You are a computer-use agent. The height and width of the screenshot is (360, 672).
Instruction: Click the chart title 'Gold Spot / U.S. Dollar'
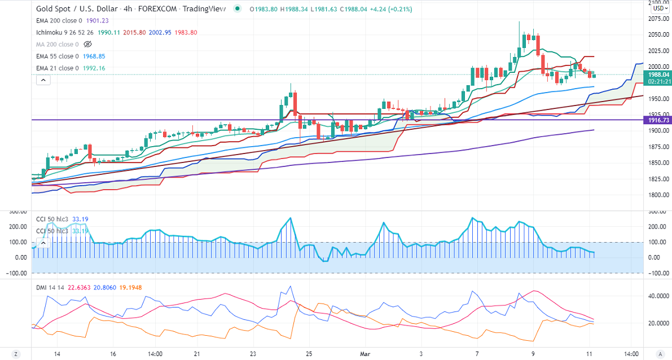[x=73, y=8]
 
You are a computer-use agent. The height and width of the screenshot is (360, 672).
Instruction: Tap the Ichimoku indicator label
[x=51, y=32]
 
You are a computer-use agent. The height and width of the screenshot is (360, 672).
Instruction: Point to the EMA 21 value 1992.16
[x=93, y=68]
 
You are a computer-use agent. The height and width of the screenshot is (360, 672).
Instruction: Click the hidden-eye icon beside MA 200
[x=87, y=44]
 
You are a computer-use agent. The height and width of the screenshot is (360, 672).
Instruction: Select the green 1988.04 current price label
[x=658, y=74]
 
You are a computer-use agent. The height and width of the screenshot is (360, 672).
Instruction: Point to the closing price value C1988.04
[x=365, y=8]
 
